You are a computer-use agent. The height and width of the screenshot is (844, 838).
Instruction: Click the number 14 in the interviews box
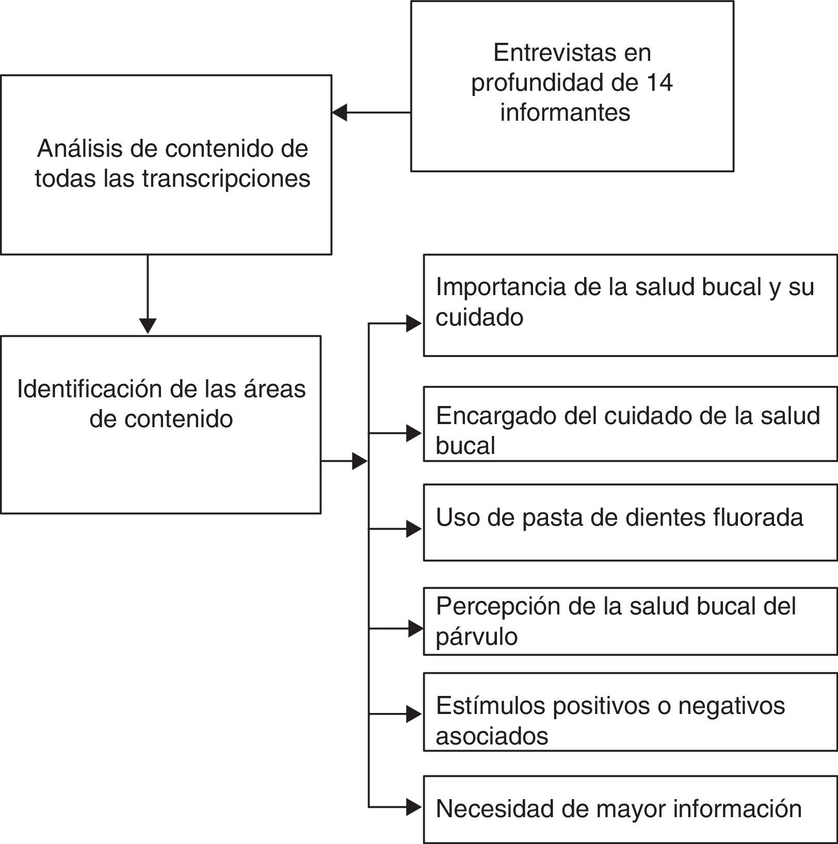(658, 83)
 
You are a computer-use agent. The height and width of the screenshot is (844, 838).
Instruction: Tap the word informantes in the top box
(565, 112)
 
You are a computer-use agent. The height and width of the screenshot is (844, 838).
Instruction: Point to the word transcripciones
(226, 179)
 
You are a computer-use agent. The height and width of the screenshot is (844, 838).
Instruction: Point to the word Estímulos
(490, 706)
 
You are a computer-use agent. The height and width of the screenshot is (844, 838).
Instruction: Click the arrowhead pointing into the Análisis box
(340, 112)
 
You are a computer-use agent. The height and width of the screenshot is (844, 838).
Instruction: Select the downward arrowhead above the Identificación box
(148, 326)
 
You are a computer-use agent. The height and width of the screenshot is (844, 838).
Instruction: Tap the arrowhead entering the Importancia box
(414, 323)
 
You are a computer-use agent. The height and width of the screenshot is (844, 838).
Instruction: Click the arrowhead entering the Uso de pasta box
(414, 529)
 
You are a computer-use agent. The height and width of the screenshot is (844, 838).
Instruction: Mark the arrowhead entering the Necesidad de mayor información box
(414, 806)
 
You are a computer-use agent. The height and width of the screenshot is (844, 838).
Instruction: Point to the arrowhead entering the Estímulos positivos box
(414, 714)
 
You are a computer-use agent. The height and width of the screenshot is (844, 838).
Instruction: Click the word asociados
(491, 736)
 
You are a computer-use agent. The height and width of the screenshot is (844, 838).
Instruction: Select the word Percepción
(497, 607)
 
